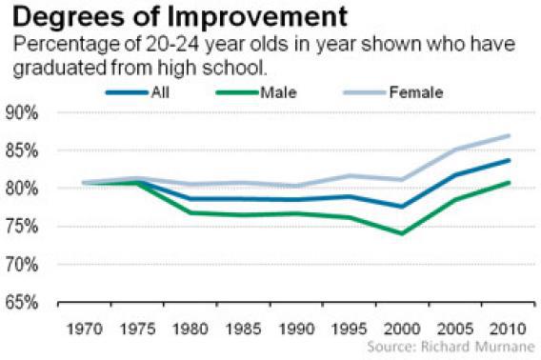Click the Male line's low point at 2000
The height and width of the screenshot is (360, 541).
(x=403, y=233)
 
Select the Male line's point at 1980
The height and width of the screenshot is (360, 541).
(x=192, y=212)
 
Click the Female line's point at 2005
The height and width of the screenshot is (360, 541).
(x=456, y=150)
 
